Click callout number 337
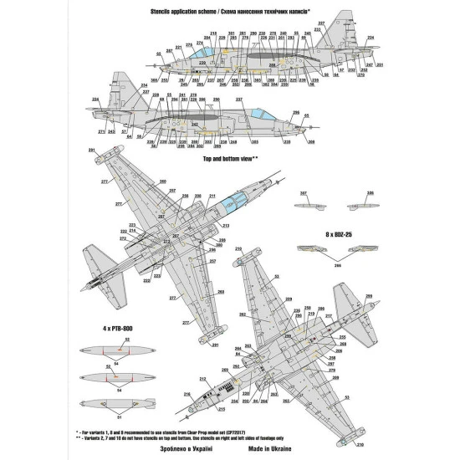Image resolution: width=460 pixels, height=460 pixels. pyautogui.click(x=303, y=193)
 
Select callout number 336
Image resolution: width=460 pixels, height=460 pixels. pyautogui.click(x=369, y=193)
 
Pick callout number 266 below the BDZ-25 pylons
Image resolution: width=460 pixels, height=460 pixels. pyautogui.click(x=337, y=264)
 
